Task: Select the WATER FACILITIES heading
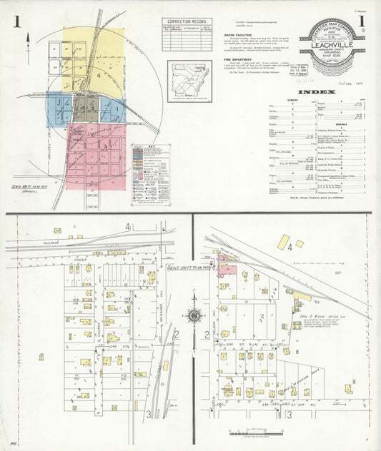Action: [x=239, y=34]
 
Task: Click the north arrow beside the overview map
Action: [x=28, y=43]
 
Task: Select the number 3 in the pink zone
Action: [x=104, y=146]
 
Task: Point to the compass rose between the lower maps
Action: [x=193, y=314]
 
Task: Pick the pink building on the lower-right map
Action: [x=227, y=268]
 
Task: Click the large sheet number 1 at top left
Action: [x=15, y=23]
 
